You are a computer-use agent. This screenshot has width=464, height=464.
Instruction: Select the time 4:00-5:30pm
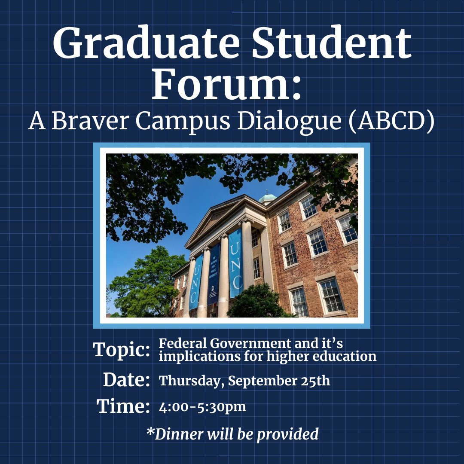pos(202,407)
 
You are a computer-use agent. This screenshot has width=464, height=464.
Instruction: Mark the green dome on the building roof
pos(268,198)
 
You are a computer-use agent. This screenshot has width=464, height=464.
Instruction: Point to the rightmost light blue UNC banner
pos(235,262)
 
